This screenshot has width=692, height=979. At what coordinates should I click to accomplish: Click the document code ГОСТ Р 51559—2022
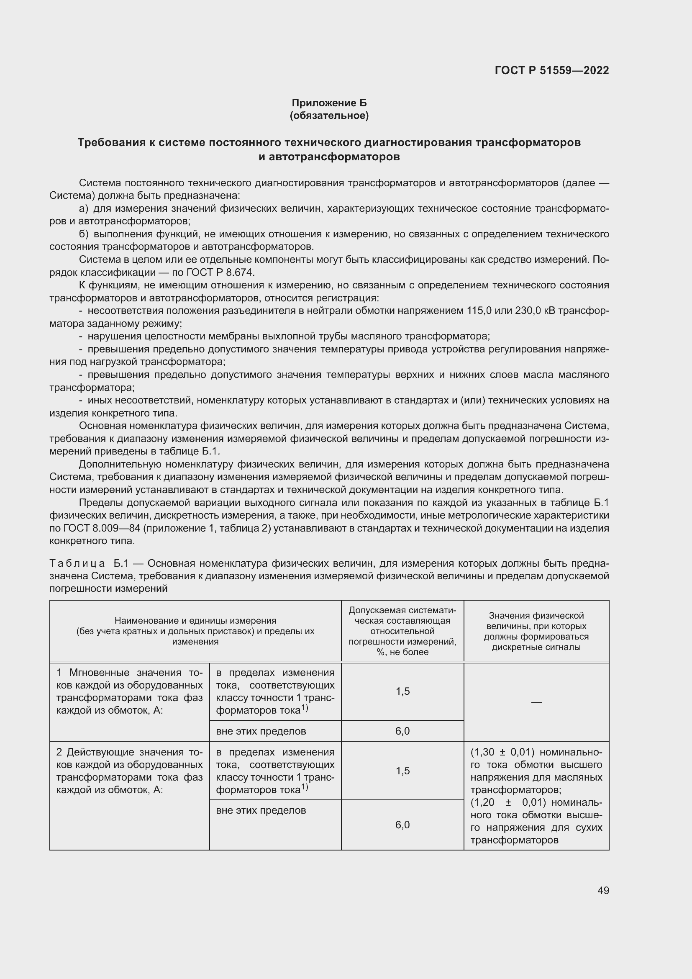tap(551, 70)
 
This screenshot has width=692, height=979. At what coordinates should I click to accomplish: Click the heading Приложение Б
tap(329, 103)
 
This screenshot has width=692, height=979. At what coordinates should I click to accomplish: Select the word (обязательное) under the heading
tap(329, 116)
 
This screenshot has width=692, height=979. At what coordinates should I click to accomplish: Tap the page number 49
tap(603, 890)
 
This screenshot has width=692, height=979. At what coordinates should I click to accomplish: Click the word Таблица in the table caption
tap(77, 564)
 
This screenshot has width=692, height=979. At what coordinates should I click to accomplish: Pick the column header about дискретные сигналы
tap(536, 631)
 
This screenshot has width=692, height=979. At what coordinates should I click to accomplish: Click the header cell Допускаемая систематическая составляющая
tap(402, 631)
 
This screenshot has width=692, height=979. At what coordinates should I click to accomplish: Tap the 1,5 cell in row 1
tap(402, 691)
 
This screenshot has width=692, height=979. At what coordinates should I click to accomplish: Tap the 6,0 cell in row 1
tap(402, 731)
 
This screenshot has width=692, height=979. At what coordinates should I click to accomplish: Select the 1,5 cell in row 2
tap(402, 771)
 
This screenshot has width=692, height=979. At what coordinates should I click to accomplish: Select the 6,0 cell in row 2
tap(402, 825)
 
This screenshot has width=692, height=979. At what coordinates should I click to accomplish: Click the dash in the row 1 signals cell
tap(536, 702)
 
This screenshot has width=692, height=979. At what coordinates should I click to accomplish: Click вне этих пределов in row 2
tap(261, 811)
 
